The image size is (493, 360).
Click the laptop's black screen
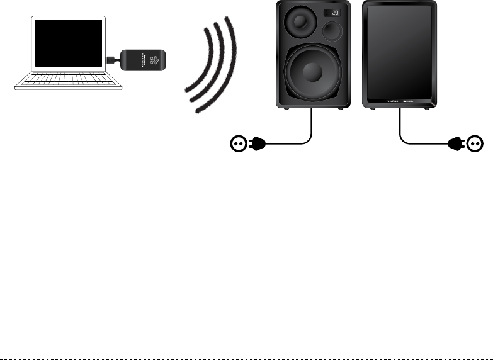[69, 45]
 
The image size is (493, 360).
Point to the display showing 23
[335, 13]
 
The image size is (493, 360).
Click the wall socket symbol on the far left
[239, 144]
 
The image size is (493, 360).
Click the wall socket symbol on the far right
[475, 144]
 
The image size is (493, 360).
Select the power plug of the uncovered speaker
[259, 144]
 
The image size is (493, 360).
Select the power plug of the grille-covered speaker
[455, 144]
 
